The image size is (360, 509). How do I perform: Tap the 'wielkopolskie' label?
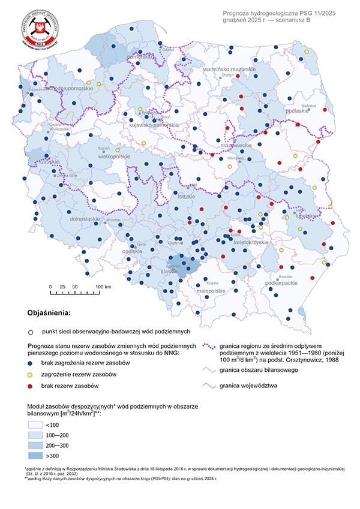tap(110, 156)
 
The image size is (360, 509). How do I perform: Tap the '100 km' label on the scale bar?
tap(104, 287)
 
